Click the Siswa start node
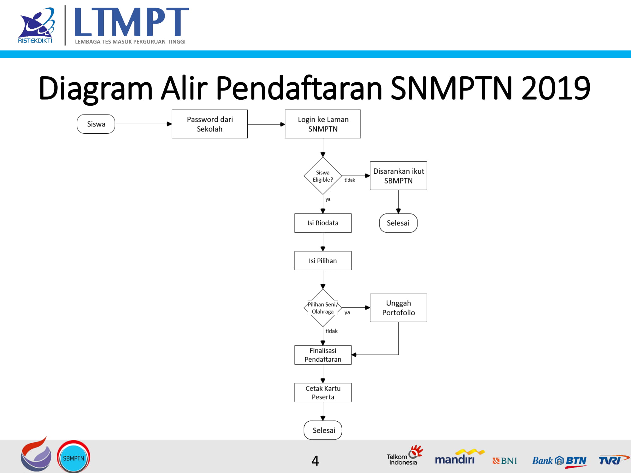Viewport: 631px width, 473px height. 96,124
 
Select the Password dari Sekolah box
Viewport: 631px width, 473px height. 209,124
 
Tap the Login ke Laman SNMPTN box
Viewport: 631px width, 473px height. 323,124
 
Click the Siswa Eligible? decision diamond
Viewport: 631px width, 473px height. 323,176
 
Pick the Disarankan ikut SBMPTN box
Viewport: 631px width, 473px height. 398,176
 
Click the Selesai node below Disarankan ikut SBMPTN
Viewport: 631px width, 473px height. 398,223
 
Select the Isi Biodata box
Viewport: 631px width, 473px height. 323,223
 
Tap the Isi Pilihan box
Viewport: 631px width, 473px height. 323,260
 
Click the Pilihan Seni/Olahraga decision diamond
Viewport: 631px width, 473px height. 323,308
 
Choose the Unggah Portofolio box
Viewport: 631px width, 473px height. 398,308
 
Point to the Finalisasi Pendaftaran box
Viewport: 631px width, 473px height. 323,355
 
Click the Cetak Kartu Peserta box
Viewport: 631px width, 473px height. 323,393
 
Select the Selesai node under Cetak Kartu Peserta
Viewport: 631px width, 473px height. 323,430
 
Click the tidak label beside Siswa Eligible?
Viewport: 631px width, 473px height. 350,180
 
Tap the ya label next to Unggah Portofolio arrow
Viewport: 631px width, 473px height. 347,312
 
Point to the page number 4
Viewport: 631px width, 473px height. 315,461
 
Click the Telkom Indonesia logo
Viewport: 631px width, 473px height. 404,456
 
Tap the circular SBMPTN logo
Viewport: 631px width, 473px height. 74,457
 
